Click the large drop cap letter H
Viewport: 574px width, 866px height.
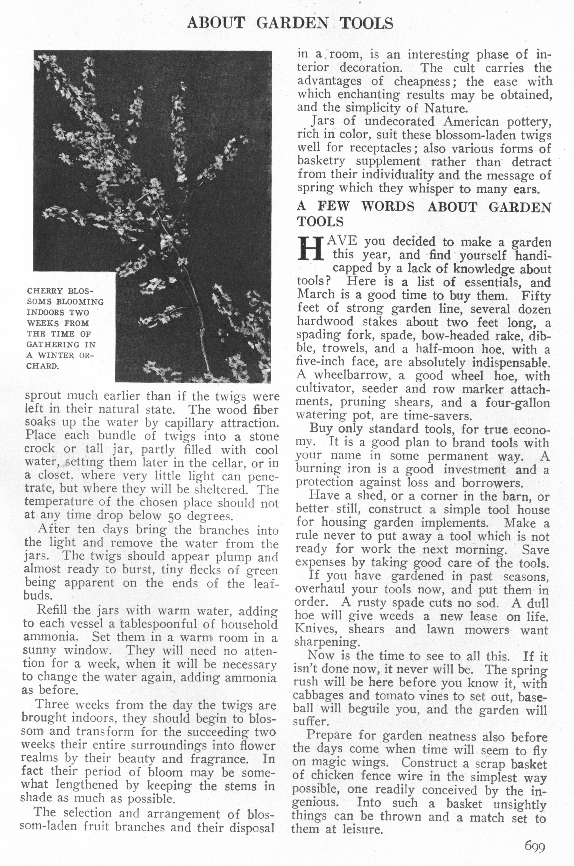(310, 249)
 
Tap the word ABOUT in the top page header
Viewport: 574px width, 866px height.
(216, 24)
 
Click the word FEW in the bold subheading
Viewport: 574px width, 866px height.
(333, 207)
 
